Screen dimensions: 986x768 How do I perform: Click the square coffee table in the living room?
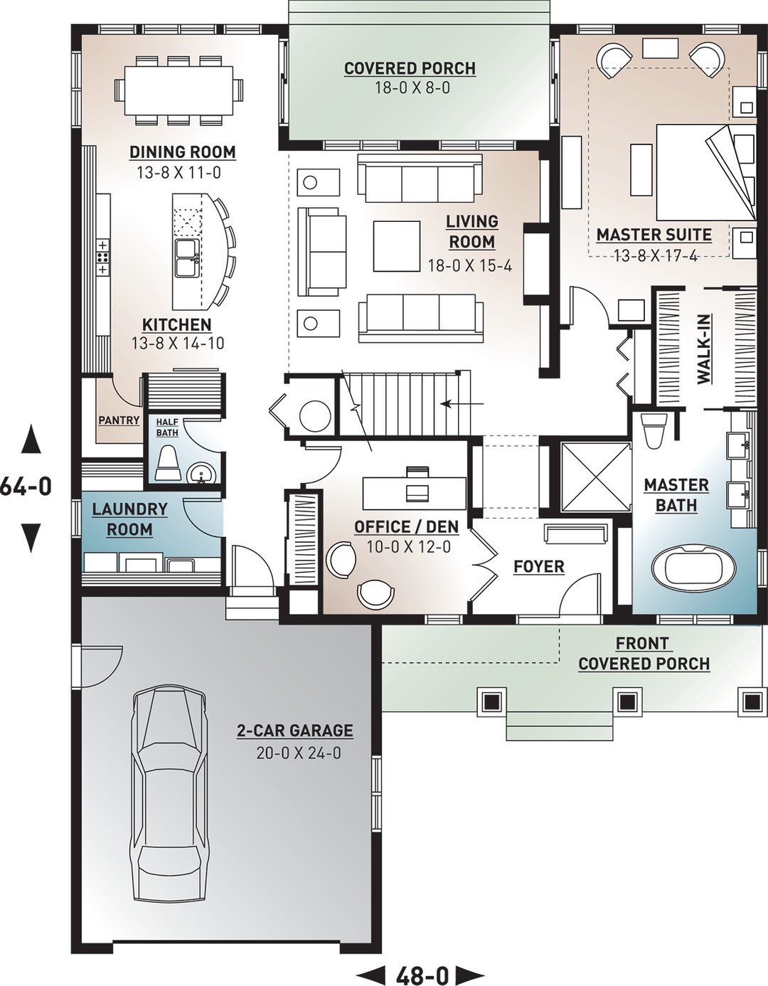[x=396, y=245]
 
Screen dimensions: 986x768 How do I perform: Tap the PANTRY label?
[x=119, y=420]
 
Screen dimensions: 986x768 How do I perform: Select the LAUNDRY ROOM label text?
[x=129, y=519]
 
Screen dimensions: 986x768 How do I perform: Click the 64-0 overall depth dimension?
[x=26, y=487]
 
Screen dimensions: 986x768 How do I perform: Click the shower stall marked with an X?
[x=595, y=477]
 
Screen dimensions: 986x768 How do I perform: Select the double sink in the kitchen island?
[x=188, y=257]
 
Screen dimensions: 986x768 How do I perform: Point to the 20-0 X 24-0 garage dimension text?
[x=298, y=753]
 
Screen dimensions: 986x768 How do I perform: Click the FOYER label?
[x=538, y=567]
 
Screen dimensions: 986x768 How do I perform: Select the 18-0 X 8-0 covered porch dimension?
[x=410, y=88]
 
